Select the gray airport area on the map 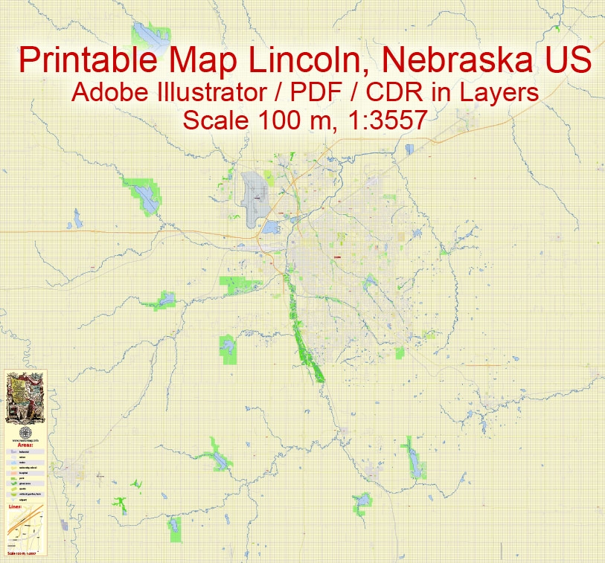click(x=257, y=196)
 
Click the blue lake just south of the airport click(x=269, y=228)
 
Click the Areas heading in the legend click(x=26, y=444)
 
